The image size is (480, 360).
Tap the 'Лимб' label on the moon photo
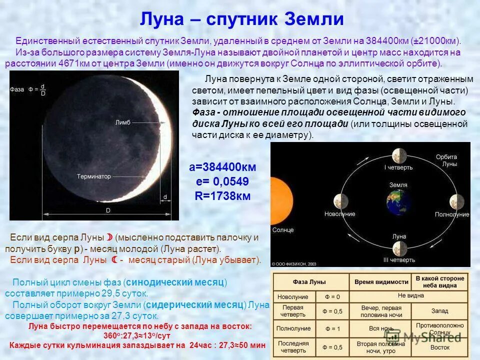pyautogui.click(x=122, y=122)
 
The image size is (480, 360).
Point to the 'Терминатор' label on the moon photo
pyautogui.click(x=94, y=176)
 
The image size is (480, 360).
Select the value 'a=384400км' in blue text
pyautogui.click(x=222, y=167)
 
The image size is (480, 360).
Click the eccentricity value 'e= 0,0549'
pyautogui.click(x=222, y=181)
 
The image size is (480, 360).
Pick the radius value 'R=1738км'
pyautogui.click(x=222, y=196)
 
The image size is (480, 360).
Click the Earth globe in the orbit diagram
pyautogui.click(x=398, y=202)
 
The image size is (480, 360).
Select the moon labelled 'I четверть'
pyautogui.click(x=398, y=155)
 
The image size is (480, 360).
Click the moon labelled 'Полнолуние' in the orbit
pyautogui.click(x=456, y=201)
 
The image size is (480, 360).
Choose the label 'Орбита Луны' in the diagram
pyautogui.click(x=446, y=160)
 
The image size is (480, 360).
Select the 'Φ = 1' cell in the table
pyautogui.click(x=332, y=328)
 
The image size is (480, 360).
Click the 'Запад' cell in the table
pyautogui.click(x=439, y=311)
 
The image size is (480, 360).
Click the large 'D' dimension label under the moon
pyautogui.click(x=107, y=211)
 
